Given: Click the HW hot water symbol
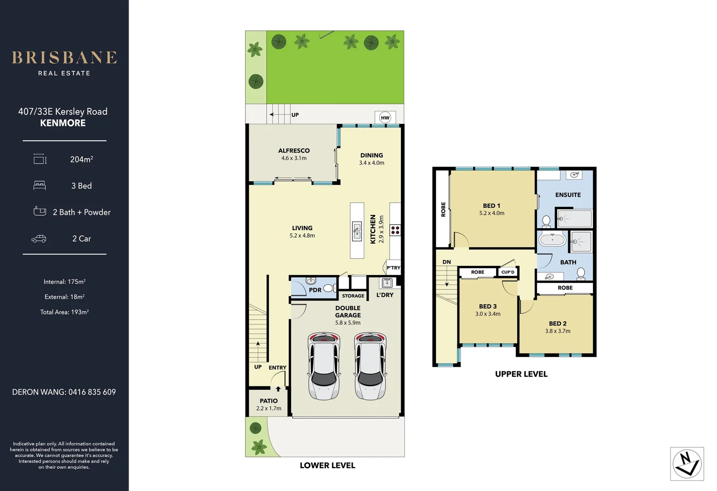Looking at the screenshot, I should (385, 118).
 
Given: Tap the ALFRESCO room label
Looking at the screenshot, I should (294, 151).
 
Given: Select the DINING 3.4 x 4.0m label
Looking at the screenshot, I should (371, 159).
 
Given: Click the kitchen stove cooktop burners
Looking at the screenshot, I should (395, 230).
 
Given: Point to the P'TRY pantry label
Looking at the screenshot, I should (393, 268).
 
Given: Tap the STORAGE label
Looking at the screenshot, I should (353, 296).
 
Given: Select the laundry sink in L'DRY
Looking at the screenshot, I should (387, 283).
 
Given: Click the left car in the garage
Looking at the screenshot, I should (324, 366).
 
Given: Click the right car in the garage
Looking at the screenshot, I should (370, 366).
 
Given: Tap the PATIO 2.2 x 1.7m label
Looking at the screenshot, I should (269, 404).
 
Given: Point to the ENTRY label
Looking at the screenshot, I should (277, 367).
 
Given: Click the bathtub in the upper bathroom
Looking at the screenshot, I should (552, 240).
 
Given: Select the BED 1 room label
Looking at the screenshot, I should (491, 206).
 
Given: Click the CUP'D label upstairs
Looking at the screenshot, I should (508, 272).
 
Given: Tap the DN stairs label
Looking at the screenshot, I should (446, 262).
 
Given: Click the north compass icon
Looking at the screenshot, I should (687, 464).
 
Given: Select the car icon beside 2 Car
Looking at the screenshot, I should (39, 239).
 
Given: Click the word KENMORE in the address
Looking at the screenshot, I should (63, 123).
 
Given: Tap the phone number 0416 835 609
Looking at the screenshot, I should (92, 392).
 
